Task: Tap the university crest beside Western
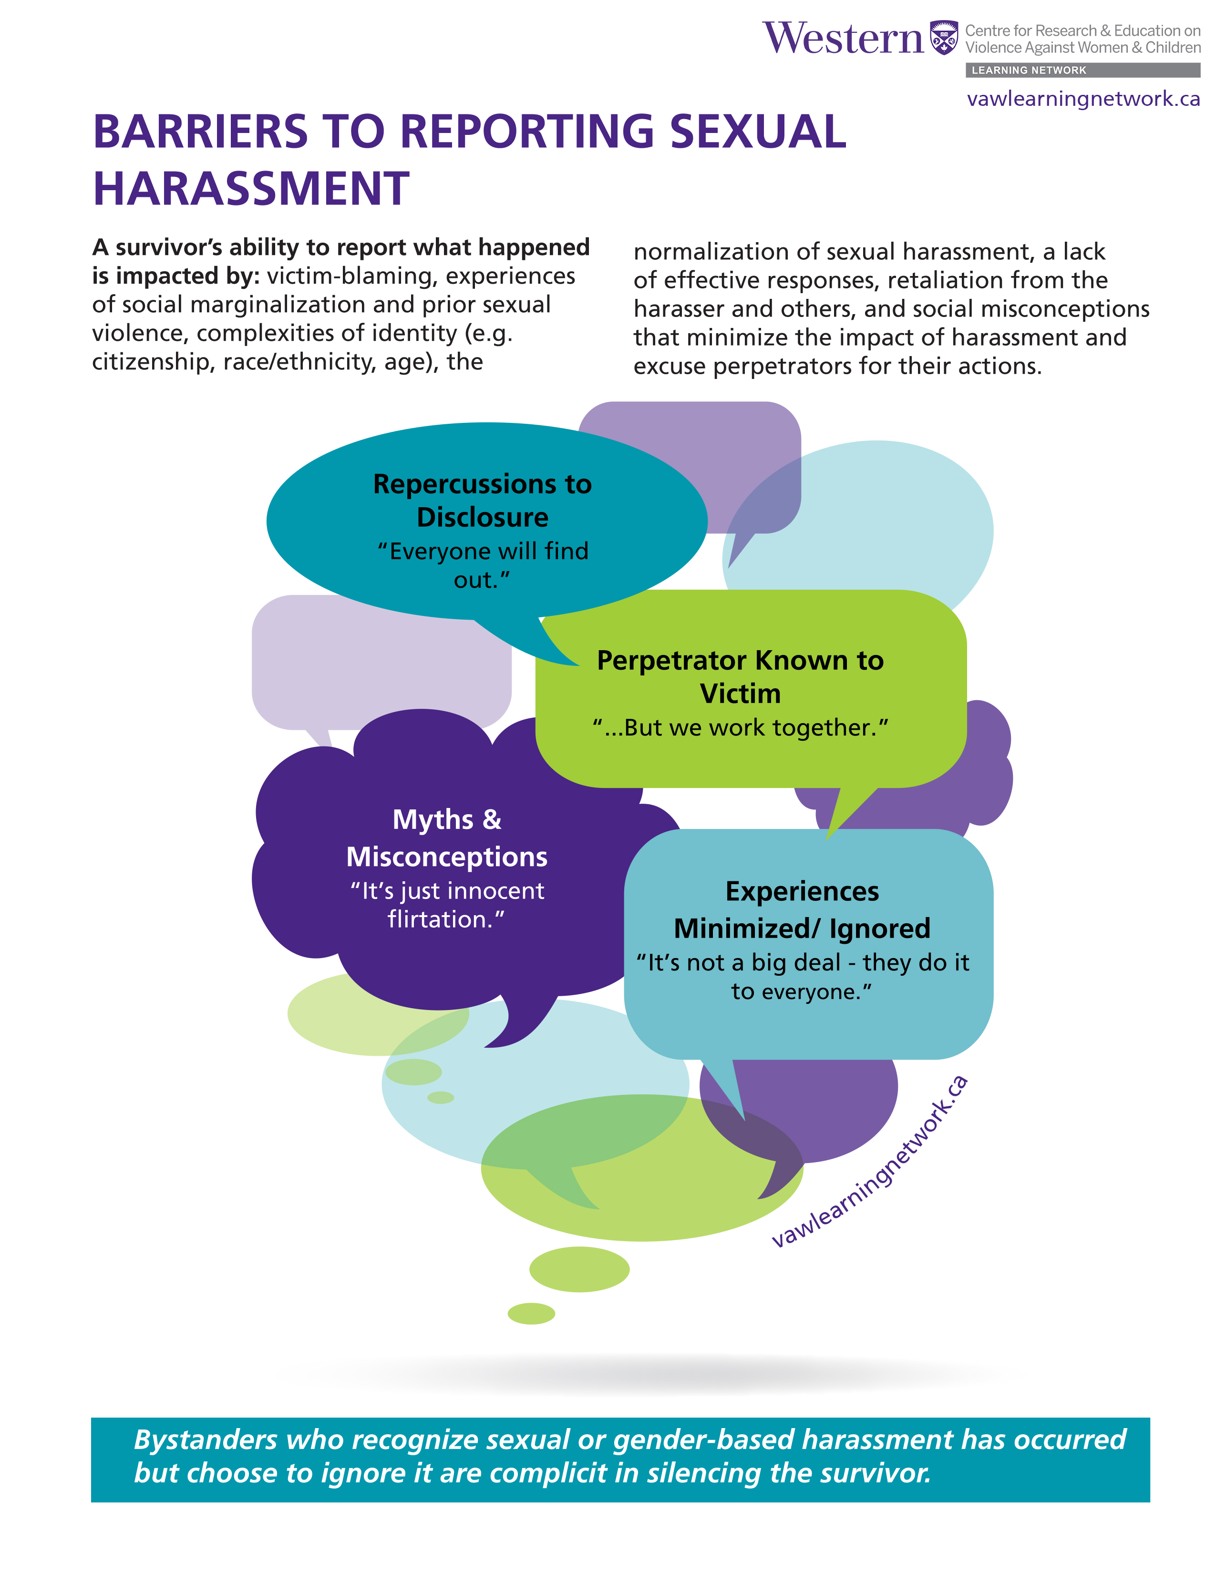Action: point(944,38)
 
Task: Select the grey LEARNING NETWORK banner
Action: point(1082,70)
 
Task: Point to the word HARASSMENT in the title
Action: point(251,189)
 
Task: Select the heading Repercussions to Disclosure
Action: point(482,500)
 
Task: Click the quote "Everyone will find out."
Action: point(483,565)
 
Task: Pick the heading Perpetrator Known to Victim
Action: point(740,677)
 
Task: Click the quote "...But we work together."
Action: point(740,727)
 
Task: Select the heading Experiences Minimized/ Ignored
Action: point(802,909)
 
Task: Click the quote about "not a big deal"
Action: point(802,977)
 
